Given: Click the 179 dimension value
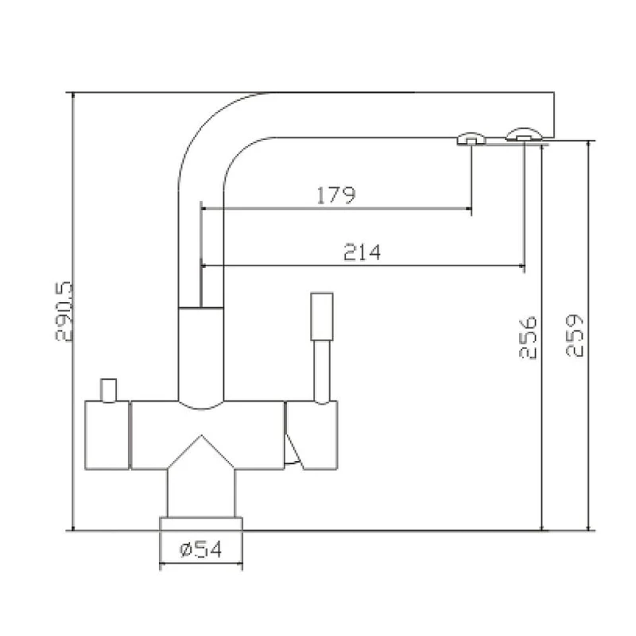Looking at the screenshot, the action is click(x=335, y=195).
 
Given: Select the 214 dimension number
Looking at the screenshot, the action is click(x=362, y=252).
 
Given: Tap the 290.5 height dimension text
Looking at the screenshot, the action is click(x=64, y=312).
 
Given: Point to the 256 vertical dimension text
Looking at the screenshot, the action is click(x=528, y=337).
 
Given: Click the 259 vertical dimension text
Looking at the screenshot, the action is click(x=574, y=335).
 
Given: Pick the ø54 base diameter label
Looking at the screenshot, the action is click(x=201, y=549).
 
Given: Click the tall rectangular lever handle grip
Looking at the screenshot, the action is click(x=322, y=316).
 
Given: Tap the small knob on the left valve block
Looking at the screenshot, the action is click(x=108, y=390).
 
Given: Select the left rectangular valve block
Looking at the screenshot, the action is click(x=107, y=435).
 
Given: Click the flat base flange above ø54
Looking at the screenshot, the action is click(x=201, y=524).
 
